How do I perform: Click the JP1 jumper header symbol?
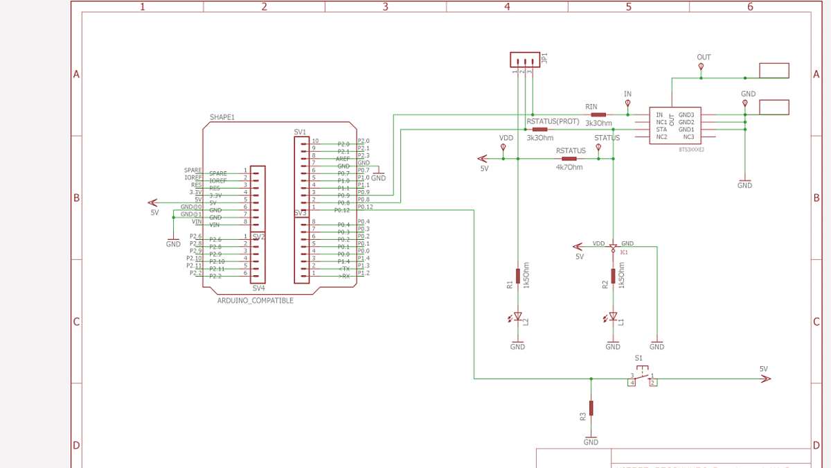524,60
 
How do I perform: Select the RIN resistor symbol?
598,114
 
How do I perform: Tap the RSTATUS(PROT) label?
553,121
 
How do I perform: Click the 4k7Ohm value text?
569,167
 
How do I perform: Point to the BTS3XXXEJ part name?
691,148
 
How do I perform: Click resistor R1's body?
517,275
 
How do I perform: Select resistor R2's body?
613,275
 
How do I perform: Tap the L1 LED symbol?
613,317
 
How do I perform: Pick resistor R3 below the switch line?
591,408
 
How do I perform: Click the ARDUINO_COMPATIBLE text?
256,301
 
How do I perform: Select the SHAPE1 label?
222,117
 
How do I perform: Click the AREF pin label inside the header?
343,159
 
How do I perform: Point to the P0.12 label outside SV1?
365,207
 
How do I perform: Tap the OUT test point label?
704,58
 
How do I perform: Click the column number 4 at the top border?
507,6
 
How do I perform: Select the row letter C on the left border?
76,322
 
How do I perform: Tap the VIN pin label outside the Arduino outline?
197,222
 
